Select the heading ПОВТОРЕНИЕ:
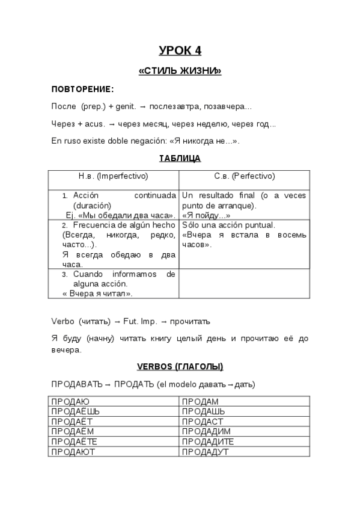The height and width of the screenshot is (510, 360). click(82, 90)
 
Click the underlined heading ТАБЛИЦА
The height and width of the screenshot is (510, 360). click(180, 159)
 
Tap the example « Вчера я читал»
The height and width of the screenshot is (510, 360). click(97, 293)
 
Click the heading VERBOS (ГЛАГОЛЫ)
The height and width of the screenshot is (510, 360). click(180, 366)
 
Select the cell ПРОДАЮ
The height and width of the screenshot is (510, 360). click(70, 401)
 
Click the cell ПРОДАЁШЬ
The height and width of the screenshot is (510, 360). click(75, 411)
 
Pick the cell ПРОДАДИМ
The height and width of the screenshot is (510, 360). click(206, 431)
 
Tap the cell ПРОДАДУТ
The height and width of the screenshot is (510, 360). click(205, 452)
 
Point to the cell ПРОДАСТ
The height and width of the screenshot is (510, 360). click(202, 421)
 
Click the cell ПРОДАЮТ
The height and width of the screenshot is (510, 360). click(73, 452)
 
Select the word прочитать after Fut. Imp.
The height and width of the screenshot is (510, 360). click(189, 321)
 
